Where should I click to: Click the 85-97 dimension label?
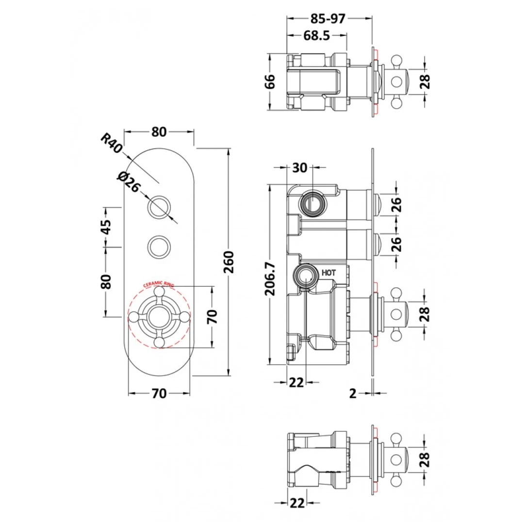[x=328, y=18]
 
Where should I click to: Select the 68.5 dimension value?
[x=316, y=35]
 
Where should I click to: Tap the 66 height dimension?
[x=270, y=82]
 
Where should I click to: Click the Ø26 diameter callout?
[x=129, y=182]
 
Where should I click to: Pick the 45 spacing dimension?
[x=106, y=227]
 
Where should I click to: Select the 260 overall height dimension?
[x=229, y=262]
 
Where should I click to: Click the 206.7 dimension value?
[x=270, y=279]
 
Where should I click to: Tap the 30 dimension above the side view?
[x=299, y=167]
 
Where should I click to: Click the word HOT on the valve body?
[x=329, y=273]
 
